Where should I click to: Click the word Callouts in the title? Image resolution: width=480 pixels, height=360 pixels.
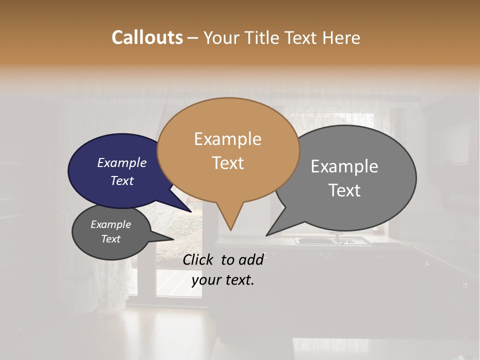click(x=147, y=37)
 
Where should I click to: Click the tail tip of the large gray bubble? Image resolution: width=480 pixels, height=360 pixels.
click(x=267, y=234)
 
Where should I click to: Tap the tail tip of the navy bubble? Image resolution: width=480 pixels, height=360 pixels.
click(x=191, y=211)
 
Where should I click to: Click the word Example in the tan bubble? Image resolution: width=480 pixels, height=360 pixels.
click(x=227, y=139)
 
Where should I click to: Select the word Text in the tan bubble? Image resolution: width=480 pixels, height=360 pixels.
click(x=227, y=163)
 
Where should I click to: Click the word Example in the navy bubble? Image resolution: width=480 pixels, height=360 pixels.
click(x=121, y=162)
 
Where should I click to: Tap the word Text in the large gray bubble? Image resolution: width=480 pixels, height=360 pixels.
click(x=344, y=190)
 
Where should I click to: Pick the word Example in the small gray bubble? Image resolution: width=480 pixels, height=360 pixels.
click(x=110, y=224)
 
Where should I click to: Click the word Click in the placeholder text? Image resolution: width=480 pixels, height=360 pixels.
click(x=198, y=259)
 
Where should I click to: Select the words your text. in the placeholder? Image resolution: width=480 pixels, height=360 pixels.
click(x=223, y=280)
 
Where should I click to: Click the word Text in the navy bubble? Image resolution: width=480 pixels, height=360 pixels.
click(x=121, y=180)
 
